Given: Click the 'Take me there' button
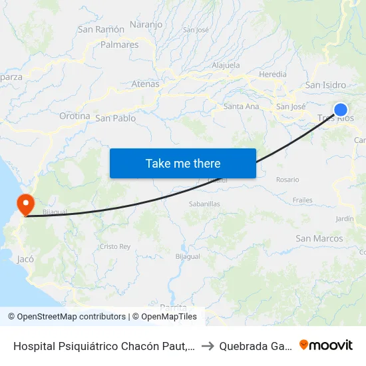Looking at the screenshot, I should [183, 163].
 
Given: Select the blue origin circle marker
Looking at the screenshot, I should [341, 110].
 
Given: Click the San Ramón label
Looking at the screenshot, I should [101, 29].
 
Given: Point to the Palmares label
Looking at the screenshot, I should [119, 45].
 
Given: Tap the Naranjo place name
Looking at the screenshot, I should [146, 25].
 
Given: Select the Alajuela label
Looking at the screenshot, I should [225, 65].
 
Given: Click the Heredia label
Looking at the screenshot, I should [273, 75].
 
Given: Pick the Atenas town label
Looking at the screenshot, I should [146, 84].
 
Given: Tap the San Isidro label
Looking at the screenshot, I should [325, 85].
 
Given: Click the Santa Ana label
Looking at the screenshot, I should [242, 106].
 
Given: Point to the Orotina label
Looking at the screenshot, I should [75, 116].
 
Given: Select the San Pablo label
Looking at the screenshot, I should [116, 118].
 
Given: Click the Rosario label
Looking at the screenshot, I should [287, 180].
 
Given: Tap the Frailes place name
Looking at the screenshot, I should [302, 200].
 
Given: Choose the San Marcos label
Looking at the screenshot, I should [319, 238].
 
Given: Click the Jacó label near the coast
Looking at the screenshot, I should [26, 258].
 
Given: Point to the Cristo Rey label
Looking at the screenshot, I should [115, 246].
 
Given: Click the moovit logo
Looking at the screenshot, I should [326, 345].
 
